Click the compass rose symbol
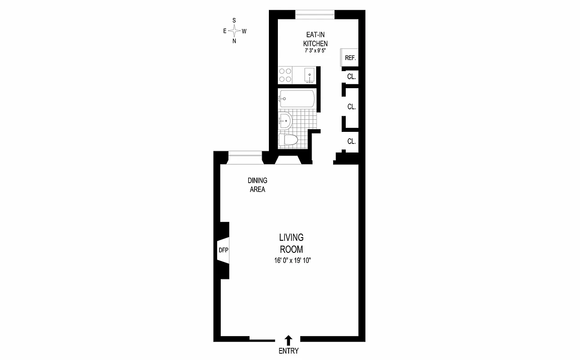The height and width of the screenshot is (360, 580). [234, 31]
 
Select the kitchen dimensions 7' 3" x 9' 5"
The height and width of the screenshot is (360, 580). [314, 51]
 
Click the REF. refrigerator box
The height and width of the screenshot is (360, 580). [350, 58]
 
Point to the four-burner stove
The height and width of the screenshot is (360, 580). [285, 75]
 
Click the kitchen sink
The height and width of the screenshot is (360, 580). [309, 75]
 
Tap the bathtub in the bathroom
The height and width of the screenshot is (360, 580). [296, 99]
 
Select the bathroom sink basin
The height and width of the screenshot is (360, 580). [285, 120]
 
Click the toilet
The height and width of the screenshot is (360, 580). [288, 140]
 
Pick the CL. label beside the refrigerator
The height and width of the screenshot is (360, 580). [351, 77]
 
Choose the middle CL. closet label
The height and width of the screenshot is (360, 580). [351, 107]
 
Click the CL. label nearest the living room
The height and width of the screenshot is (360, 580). [351, 141]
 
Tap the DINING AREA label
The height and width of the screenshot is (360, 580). [257, 185]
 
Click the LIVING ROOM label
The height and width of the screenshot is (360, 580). [291, 243]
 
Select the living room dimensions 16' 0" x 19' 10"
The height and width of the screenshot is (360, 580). [291, 261]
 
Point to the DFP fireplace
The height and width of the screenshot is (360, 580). [223, 250]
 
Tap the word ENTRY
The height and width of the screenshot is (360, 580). [289, 351]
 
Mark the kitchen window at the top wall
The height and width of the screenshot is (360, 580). [315, 14]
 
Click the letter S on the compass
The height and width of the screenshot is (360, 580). [234, 20]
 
